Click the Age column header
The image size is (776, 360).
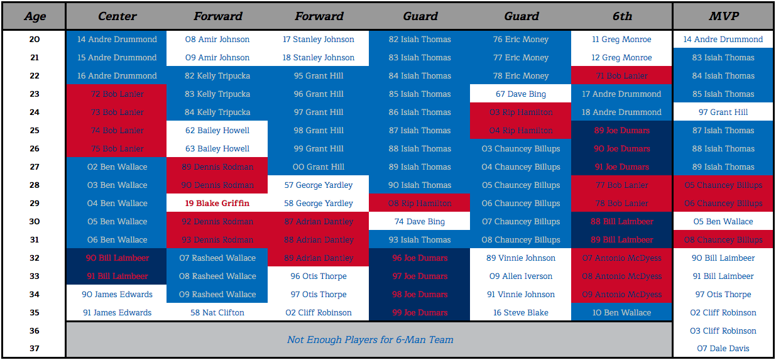click(x=34, y=16)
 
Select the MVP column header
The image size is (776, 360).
click(x=723, y=16)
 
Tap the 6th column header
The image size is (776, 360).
click(x=621, y=16)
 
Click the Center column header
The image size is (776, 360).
click(x=117, y=16)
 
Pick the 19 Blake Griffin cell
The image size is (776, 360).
click(x=217, y=204)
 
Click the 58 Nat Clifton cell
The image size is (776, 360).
click(x=217, y=313)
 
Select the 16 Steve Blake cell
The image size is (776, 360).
click(x=521, y=313)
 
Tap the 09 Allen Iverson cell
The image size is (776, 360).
click(x=521, y=276)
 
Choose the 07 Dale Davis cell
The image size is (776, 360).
click(x=723, y=349)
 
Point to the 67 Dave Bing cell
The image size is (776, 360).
click(x=521, y=94)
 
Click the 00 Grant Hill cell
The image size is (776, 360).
click(x=319, y=167)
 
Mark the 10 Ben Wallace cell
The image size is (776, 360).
click(x=621, y=313)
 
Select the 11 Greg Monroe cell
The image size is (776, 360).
click(x=621, y=40)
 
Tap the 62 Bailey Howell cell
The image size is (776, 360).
click(x=217, y=131)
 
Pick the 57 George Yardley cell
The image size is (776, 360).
click(x=319, y=185)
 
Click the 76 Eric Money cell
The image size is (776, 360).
click(x=521, y=40)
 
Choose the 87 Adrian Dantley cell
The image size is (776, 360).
click(x=319, y=222)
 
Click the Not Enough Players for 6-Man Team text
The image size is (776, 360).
click(x=369, y=340)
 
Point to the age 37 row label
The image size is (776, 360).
click(x=34, y=349)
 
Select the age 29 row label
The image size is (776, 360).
click(x=34, y=204)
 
